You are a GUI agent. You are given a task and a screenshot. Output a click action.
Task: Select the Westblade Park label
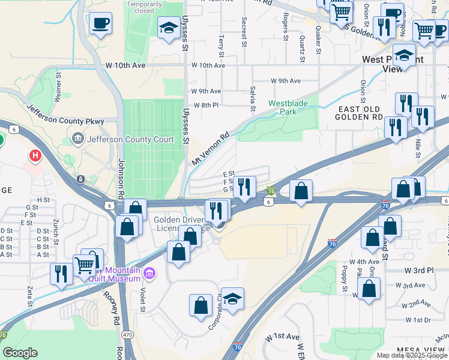click(x=288, y=107)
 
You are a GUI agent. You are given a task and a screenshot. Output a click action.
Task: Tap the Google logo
click(x=20, y=352)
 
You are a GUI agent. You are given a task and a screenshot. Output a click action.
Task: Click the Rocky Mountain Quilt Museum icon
click(x=150, y=274)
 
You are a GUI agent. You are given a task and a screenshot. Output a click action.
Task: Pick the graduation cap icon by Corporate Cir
click(x=233, y=298)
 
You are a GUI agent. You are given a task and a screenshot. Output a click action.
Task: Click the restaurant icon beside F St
click(x=245, y=186)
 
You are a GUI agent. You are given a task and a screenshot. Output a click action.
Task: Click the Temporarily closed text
click(x=145, y=7)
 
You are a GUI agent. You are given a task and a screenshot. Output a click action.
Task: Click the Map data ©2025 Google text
click(x=411, y=355)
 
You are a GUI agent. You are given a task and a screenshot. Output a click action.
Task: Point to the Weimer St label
click(x=58, y=87)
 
